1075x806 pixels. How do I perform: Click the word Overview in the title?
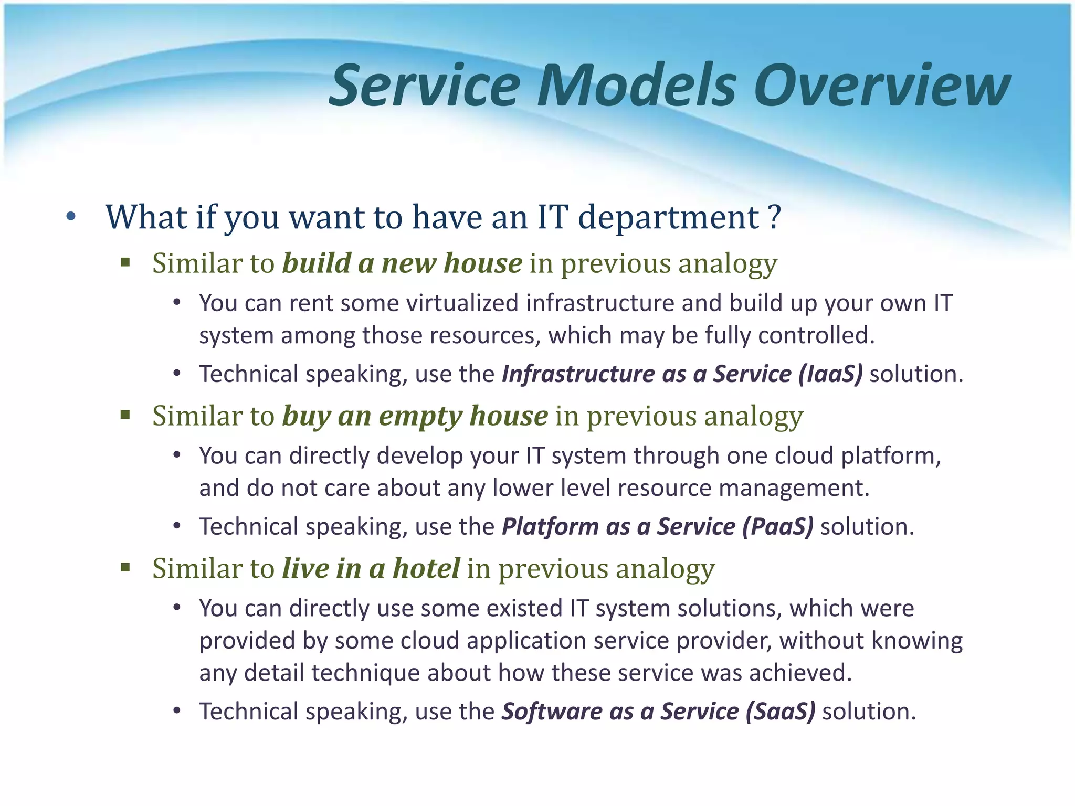click(x=882, y=86)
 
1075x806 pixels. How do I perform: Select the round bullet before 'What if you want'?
click(x=71, y=217)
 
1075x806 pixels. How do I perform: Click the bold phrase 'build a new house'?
click(x=402, y=263)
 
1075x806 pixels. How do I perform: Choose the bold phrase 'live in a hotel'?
click(x=371, y=568)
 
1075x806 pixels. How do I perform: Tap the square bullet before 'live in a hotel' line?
click(x=125, y=567)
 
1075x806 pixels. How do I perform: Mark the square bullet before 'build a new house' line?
click(x=125, y=262)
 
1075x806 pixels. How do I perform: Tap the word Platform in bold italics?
click(x=550, y=527)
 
